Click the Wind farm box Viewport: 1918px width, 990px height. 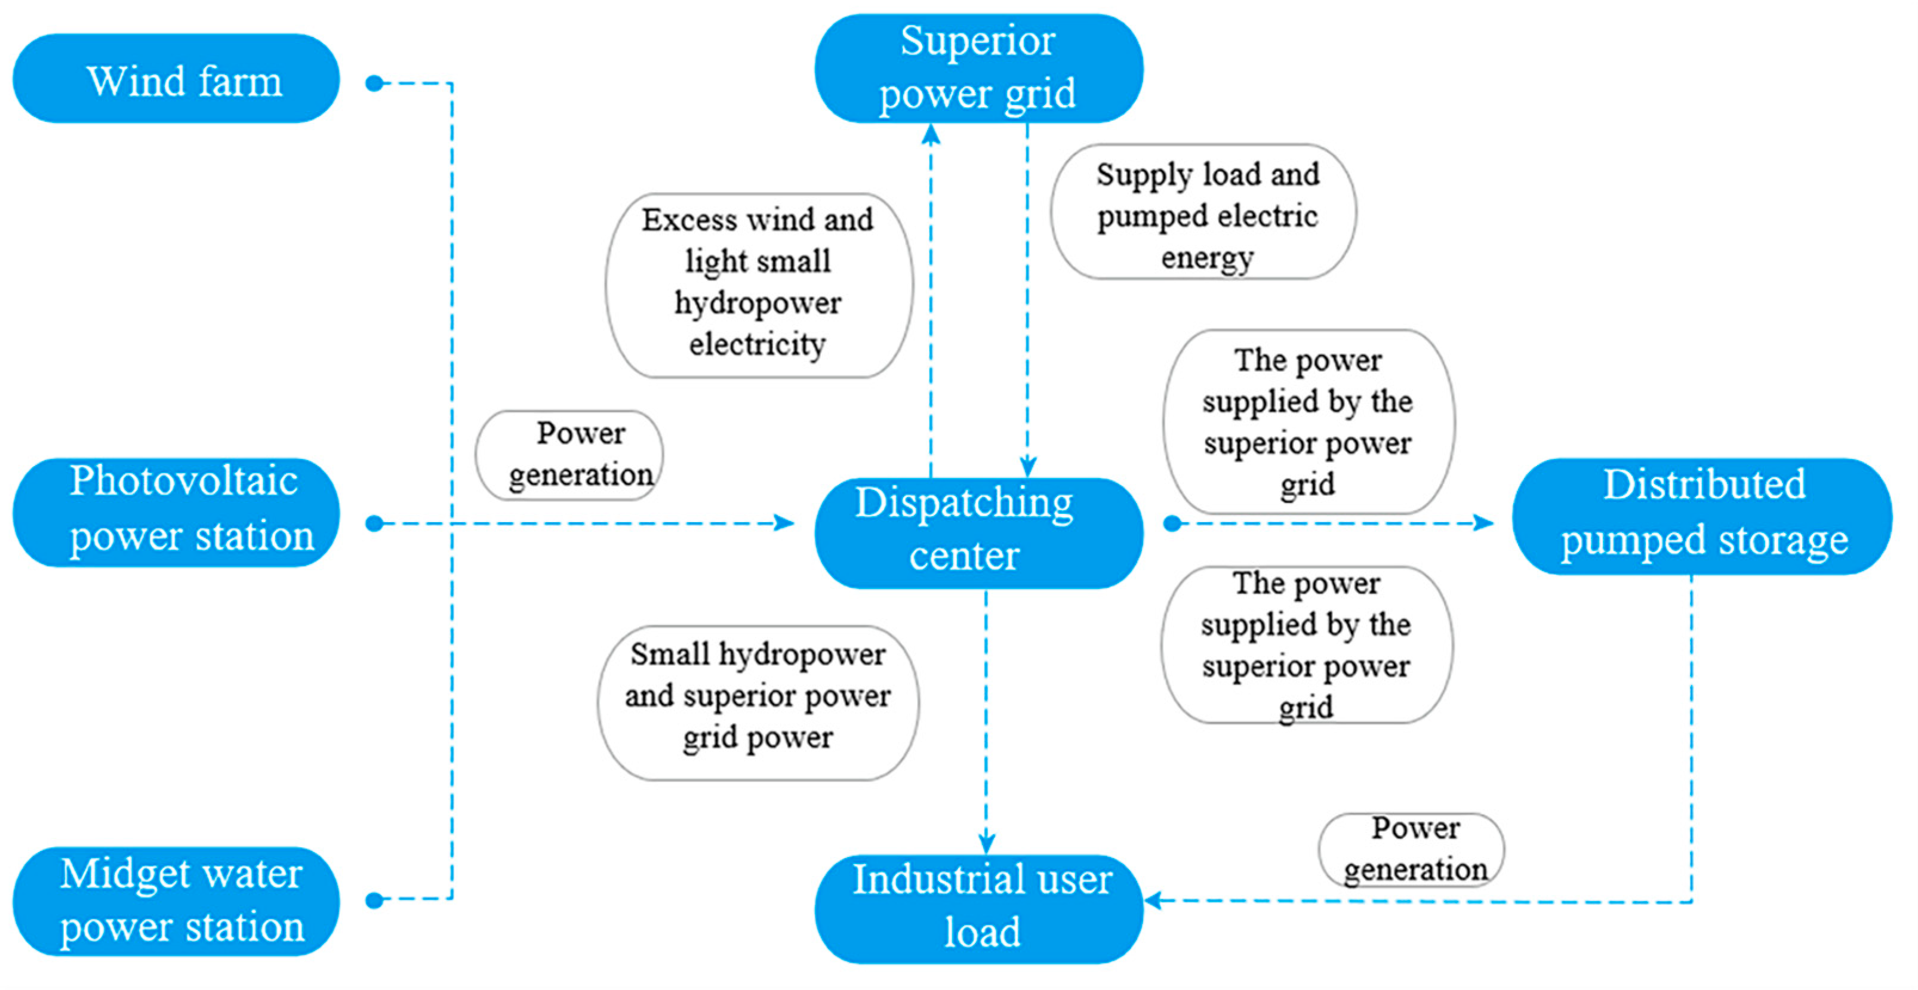click(177, 79)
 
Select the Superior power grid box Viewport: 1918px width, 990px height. click(978, 68)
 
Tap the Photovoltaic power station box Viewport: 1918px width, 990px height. click(177, 512)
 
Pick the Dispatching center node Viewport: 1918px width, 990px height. click(978, 533)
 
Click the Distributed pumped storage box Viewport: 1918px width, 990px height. click(1702, 516)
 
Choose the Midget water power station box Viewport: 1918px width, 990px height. click(177, 900)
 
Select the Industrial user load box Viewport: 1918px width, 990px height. click(978, 908)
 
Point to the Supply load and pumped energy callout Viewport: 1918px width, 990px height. click(1203, 212)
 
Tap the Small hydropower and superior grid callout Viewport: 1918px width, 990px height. click(758, 702)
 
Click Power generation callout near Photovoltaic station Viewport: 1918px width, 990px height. click(569, 455)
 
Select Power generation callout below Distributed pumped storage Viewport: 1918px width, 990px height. click(1411, 849)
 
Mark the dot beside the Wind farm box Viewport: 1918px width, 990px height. click(374, 84)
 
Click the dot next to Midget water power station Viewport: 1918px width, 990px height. click(374, 900)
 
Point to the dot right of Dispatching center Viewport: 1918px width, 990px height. click(1172, 524)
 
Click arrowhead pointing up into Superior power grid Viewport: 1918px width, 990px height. click(931, 134)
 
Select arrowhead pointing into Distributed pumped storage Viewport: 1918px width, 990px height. click(1484, 523)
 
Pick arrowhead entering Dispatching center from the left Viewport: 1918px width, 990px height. click(784, 523)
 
